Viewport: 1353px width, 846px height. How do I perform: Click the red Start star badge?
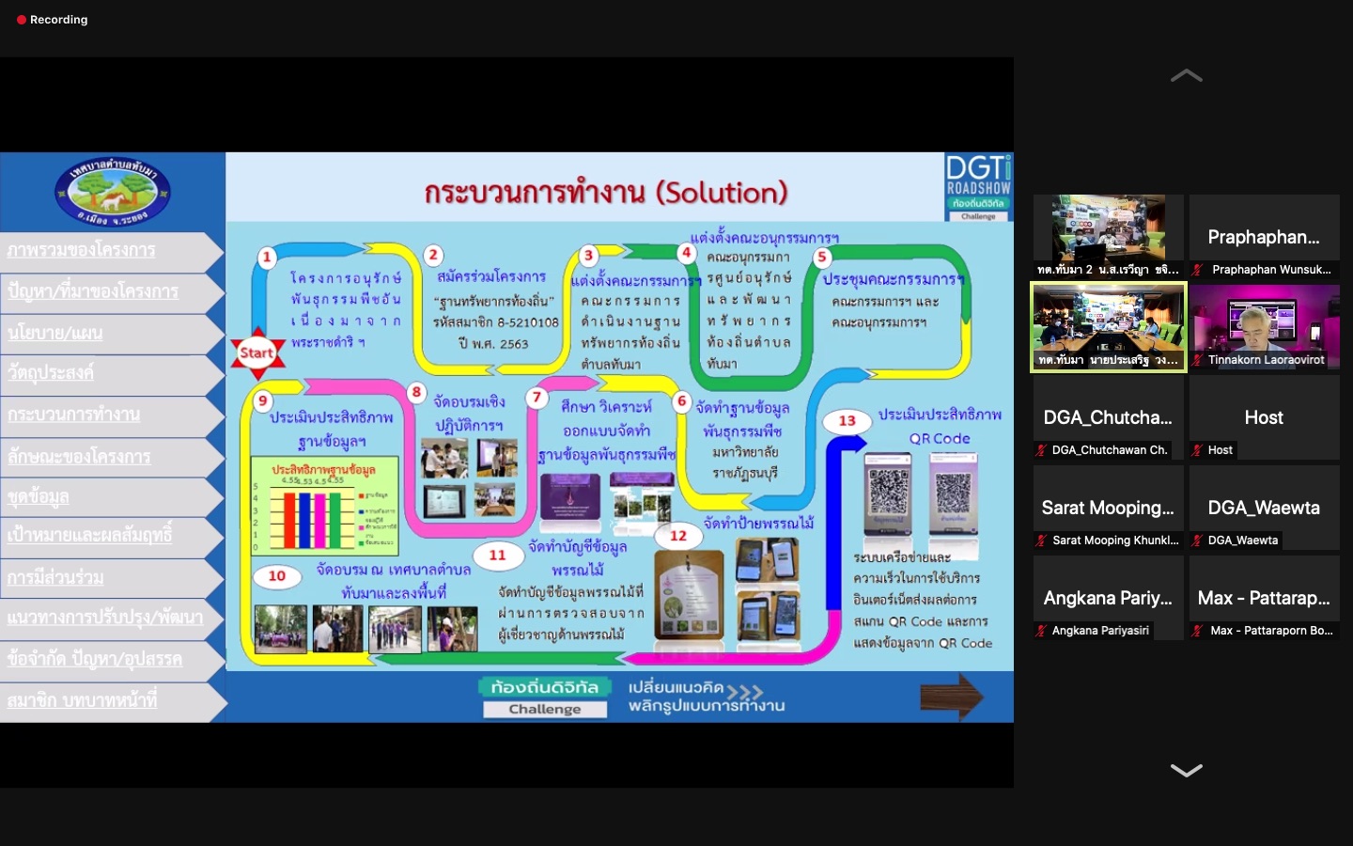tap(257, 353)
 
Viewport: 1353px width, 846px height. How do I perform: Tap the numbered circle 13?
tap(847, 420)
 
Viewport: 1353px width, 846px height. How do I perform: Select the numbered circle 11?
tap(497, 556)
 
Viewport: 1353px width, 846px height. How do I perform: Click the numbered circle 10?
tap(276, 575)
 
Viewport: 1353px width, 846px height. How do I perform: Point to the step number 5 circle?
tap(822, 257)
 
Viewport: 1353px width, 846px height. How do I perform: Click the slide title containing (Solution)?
tap(605, 193)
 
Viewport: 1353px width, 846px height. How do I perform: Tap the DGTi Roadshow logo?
tap(978, 187)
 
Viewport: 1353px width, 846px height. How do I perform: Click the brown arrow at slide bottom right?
tap(951, 697)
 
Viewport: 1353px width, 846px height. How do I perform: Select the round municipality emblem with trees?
tap(113, 192)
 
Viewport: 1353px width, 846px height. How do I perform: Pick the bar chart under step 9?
tap(324, 506)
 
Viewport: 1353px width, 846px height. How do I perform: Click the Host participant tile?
tap(1264, 417)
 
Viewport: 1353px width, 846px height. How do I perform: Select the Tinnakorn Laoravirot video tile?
tap(1264, 327)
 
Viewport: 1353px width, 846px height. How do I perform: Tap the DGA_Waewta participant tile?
tap(1264, 508)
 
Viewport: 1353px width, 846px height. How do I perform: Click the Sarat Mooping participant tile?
tap(1108, 508)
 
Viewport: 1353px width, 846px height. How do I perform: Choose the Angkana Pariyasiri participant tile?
tap(1108, 598)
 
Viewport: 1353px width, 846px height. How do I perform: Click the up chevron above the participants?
tap(1186, 76)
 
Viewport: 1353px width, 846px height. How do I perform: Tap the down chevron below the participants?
tap(1186, 771)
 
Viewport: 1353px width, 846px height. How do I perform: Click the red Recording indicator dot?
tap(22, 20)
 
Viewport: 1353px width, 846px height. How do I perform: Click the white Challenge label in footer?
tap(545, 709)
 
